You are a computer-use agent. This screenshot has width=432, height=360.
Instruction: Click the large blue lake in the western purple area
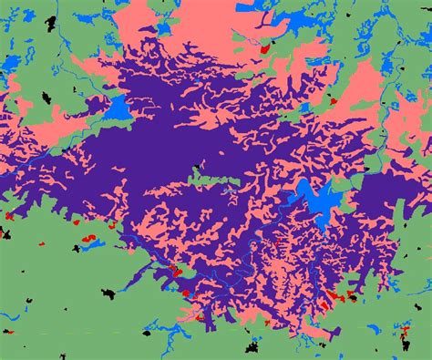coord(116,108)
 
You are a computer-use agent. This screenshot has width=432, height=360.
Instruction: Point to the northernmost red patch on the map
coord(265,46)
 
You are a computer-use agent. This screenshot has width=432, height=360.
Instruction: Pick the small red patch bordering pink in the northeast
coord(334,100)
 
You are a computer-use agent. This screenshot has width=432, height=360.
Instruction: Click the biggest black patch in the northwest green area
coord(11,62)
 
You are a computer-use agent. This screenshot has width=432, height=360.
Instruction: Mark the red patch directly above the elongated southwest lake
coord(88,238)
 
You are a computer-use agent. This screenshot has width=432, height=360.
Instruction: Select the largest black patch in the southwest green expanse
coord(108,293)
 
